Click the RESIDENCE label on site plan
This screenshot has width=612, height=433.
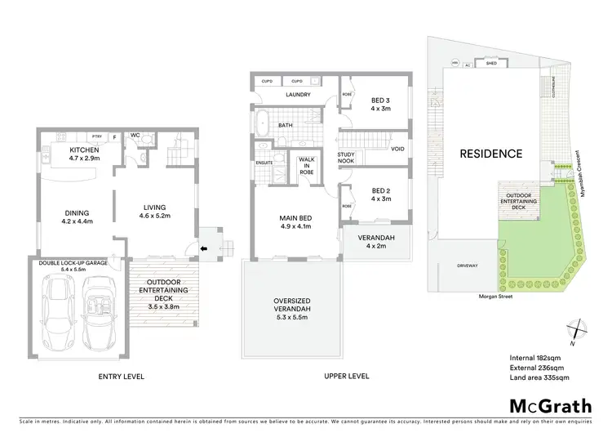pos(490,153)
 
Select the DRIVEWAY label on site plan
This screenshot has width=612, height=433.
pos(466,266)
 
